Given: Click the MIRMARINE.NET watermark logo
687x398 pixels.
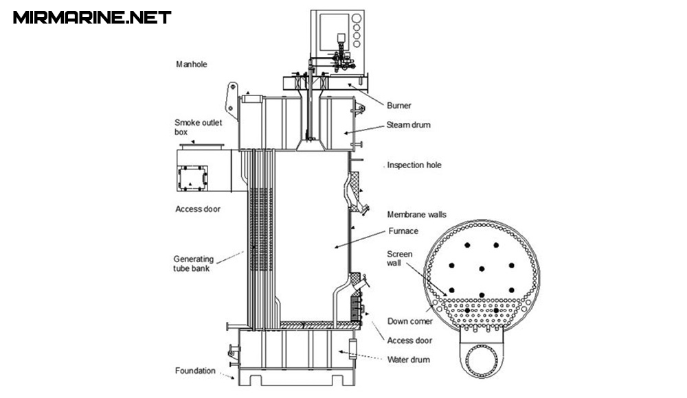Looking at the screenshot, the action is pyautogui.click(x=92, y=18).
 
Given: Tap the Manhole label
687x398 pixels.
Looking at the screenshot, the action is pyautogui.click(x=192, y=65).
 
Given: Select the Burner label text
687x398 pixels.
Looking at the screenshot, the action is pyautogui.click(x=398, y=106).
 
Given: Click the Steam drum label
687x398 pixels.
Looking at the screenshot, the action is pyautogui.click(x=408, y=125).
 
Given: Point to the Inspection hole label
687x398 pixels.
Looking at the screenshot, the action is pyautogui.click(x=414, y=165).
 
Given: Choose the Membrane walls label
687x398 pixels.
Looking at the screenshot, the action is pyautogui.click(x=417, y=215).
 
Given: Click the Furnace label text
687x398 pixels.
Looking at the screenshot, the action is pyautogui.click(x=403, y=231).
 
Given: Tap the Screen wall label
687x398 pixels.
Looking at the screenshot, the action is pyautogui.click(x=400, y=258).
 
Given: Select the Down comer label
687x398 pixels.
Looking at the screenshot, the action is pyautogui.click(x=409, y=321).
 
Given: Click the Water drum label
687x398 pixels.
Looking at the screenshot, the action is pyautogui.click(x=408, y=360).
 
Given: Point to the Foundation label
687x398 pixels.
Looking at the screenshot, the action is pyautogui.click(x=195, y=371).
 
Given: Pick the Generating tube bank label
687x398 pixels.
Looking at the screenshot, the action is pyautogui.click(x=193, y=264).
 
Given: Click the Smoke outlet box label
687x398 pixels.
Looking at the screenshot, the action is pyautogui.click(x=198, y=128).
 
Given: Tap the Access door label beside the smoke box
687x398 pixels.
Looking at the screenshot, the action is pyautogui.click(x=198, y=209).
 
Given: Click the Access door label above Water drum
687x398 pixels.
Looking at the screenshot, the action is pyautogui.click(x=409, y=340).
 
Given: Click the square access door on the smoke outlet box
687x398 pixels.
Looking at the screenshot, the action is pyautogui.click(x=192, y=178).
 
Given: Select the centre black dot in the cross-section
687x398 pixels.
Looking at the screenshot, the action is pyautogui.click(x=482, y=269).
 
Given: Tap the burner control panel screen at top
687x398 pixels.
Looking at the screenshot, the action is pyautogui.click(x=334, y=32).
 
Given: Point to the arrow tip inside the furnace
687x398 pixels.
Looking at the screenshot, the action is pyautogui.click(x=336, y=248).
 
